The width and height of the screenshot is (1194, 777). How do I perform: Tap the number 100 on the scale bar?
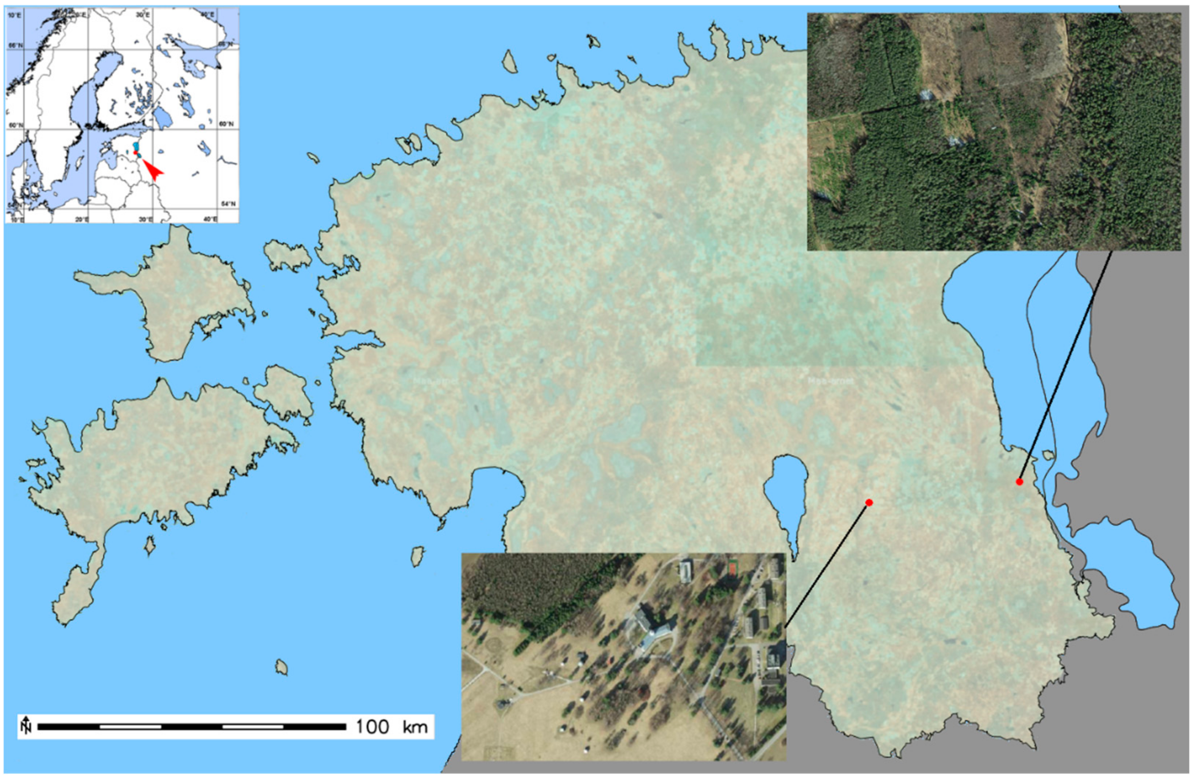pos(372,726)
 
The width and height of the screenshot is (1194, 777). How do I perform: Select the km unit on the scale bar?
pos(415,726)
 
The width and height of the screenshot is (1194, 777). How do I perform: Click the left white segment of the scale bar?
pos(131,726)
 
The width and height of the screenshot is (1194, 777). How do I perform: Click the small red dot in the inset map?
pos(136,152)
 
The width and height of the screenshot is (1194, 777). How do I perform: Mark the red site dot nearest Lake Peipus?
pos(1019,482)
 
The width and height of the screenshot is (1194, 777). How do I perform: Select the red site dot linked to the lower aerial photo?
pos(869,502)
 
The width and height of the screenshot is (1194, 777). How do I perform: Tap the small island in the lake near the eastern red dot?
pos(1047,455)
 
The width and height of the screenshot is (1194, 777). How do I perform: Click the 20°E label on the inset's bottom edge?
pos(82,219)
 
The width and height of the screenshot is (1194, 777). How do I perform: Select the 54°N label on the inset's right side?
pos(228,204)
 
